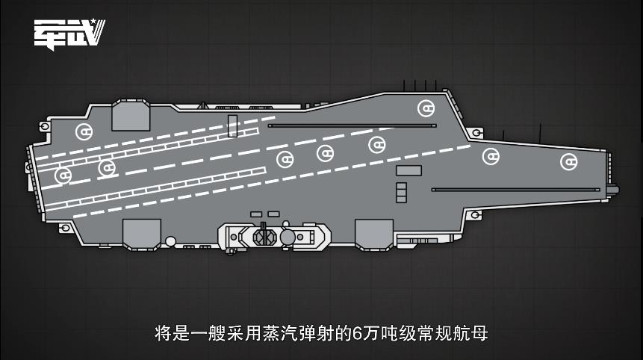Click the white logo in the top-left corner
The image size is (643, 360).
point(69,33)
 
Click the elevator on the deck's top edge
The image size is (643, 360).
point(131,116)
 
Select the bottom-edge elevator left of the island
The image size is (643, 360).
point(141,233)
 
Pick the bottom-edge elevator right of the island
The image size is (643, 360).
point(373,233)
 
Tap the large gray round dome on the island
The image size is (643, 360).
point(288,237)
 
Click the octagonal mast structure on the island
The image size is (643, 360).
point(263,237)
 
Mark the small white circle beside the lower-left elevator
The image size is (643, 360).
point(171,240)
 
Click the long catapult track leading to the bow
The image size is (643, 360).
point(515,190)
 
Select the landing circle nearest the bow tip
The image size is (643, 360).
point(568,161)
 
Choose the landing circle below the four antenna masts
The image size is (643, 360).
point(426,109)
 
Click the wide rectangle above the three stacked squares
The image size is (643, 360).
point(409,171)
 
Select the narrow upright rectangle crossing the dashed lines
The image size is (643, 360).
point(232,125)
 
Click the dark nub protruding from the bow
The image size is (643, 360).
point(613,190)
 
